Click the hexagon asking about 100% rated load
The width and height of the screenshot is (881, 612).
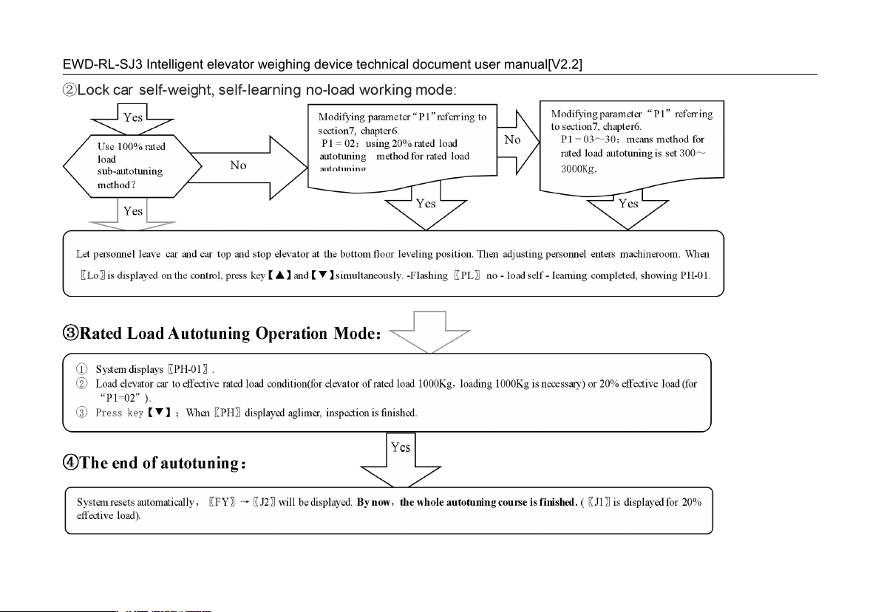132,166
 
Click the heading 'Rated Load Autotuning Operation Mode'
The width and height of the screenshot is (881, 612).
222,334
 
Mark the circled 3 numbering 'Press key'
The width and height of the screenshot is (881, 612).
81,413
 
